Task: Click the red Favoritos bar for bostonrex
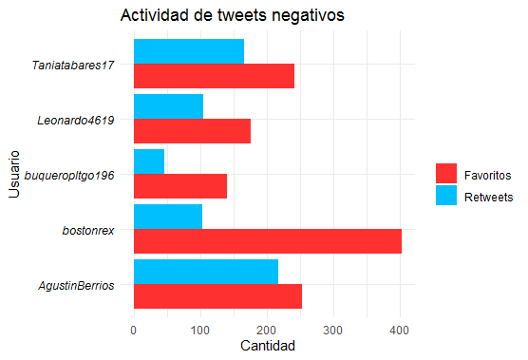(268, 241)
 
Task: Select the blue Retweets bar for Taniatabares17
(189, 51)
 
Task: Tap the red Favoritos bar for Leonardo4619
(192, 131)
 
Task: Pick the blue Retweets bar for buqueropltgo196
(149, 161)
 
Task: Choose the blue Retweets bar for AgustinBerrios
(206, 272)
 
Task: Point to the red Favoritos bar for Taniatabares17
(215, 76)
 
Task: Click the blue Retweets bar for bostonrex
(168, 217)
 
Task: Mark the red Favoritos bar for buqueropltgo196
(180, 186)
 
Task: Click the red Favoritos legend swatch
(446, 174)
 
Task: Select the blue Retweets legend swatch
(446, 195)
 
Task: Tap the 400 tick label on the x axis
(400, 331)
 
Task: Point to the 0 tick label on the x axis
(134, 331)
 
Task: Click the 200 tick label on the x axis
(266, 331)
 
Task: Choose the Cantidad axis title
(268, 346)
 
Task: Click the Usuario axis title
(14, 174)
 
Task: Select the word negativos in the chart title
(308, 15)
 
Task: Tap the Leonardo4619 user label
(76, 121)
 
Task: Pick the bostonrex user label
(88, 231)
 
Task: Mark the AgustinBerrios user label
(76, 286)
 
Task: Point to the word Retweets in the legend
(489, 197)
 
